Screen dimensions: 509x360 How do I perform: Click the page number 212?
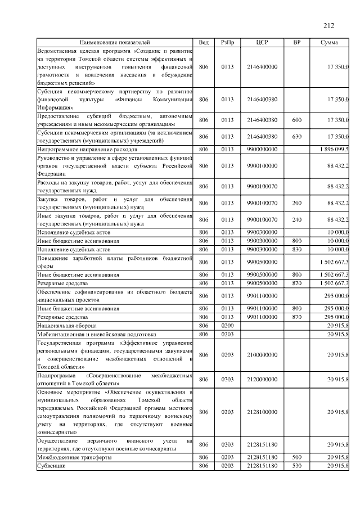(329, 25)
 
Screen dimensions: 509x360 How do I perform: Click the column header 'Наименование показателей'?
(115, 42)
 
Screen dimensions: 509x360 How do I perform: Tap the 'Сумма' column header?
(329, 42)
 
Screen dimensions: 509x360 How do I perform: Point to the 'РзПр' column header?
(227, 42)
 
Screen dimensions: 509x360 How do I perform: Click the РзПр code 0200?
(227, 326)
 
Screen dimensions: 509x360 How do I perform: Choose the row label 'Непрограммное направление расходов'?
(87, 150)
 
